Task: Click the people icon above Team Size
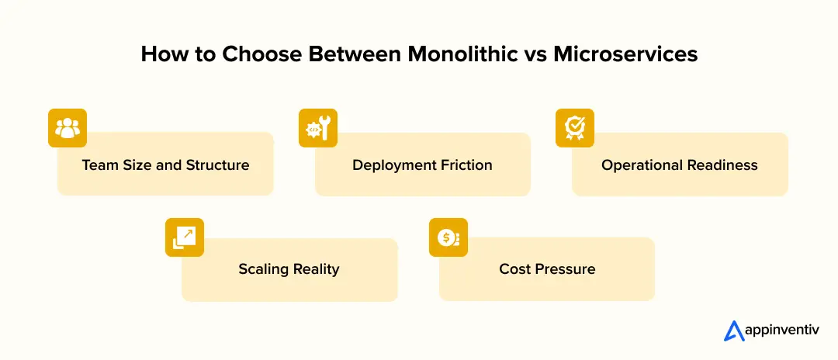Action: [x=68, y=128]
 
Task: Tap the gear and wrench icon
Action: [x=318, y=128]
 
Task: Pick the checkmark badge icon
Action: [x=575, y=128]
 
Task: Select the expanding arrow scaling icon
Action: [x=185, y=237]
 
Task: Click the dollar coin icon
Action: [x=448, y=237]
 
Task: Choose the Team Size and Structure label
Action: [x=165, y=164]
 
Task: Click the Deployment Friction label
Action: [x=422, y=164]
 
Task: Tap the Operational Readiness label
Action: [x=680, y=164]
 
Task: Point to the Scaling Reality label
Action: [x=289, y=269]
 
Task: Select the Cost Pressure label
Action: [x=547, y=269]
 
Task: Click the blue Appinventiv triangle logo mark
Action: [x=734, y=331]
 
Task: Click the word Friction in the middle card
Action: [x=466, y=164]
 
